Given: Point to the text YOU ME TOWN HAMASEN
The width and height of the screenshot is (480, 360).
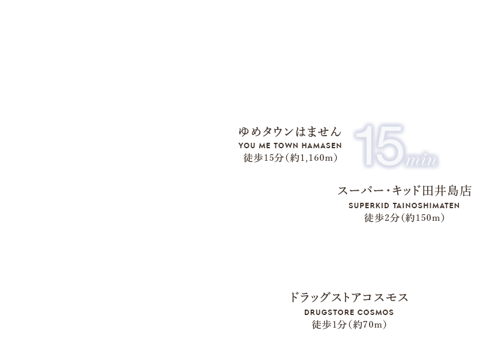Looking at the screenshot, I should coord(290,146).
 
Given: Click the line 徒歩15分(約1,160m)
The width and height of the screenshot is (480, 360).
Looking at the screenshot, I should coord(290,158).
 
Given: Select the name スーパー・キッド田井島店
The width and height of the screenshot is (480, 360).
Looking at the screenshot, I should coord(404,191).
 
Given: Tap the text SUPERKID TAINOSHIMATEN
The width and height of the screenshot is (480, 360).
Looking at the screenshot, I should coord(404,205).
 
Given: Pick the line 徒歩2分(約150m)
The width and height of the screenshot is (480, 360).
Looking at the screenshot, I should coord(404,218).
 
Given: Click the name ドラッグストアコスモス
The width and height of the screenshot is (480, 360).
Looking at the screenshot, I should coord(349,298).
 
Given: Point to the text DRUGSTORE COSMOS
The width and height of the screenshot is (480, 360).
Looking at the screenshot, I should coord(349,312).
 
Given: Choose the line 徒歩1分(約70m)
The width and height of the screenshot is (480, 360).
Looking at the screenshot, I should coord(349,325).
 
